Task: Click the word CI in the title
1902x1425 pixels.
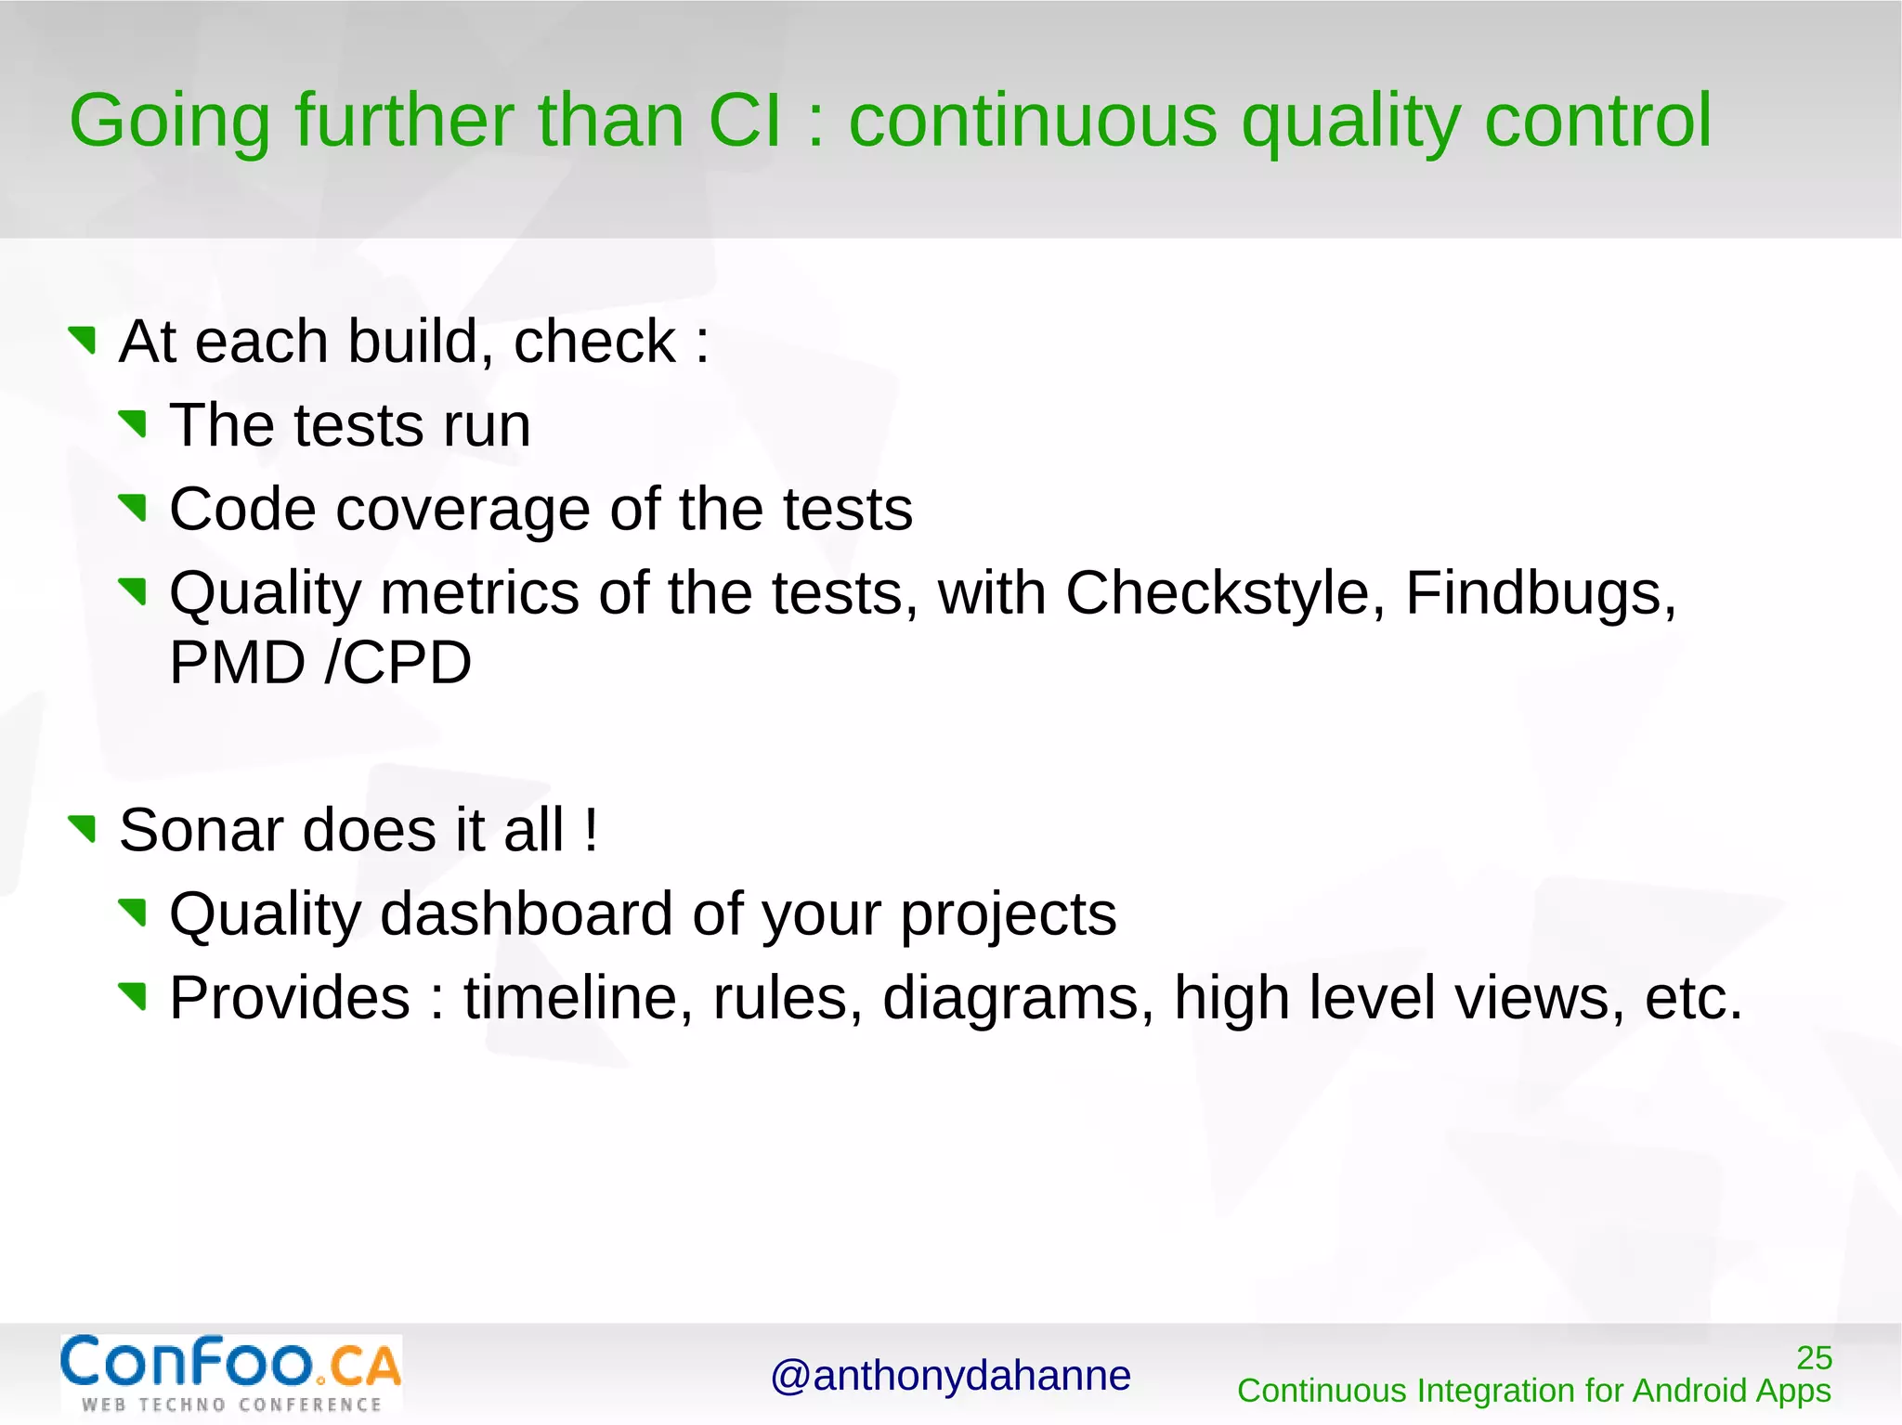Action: [x=745, y=122]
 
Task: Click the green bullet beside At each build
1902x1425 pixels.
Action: [x=83, y=340]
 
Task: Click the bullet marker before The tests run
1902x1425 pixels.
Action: [x=134, y=424]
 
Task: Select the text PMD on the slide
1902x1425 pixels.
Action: [x=237, y=664]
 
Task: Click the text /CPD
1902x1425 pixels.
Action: [x=398, y=664]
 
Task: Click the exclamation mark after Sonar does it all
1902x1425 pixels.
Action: [x=592, y=830]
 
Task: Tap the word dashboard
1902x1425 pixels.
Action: [x=527, y=915]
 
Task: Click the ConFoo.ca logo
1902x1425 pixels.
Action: [x=231, y=1373]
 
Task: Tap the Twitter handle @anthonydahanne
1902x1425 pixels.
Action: [x=950, y=1376]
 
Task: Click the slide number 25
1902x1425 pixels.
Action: [x=1813, y=1358]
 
